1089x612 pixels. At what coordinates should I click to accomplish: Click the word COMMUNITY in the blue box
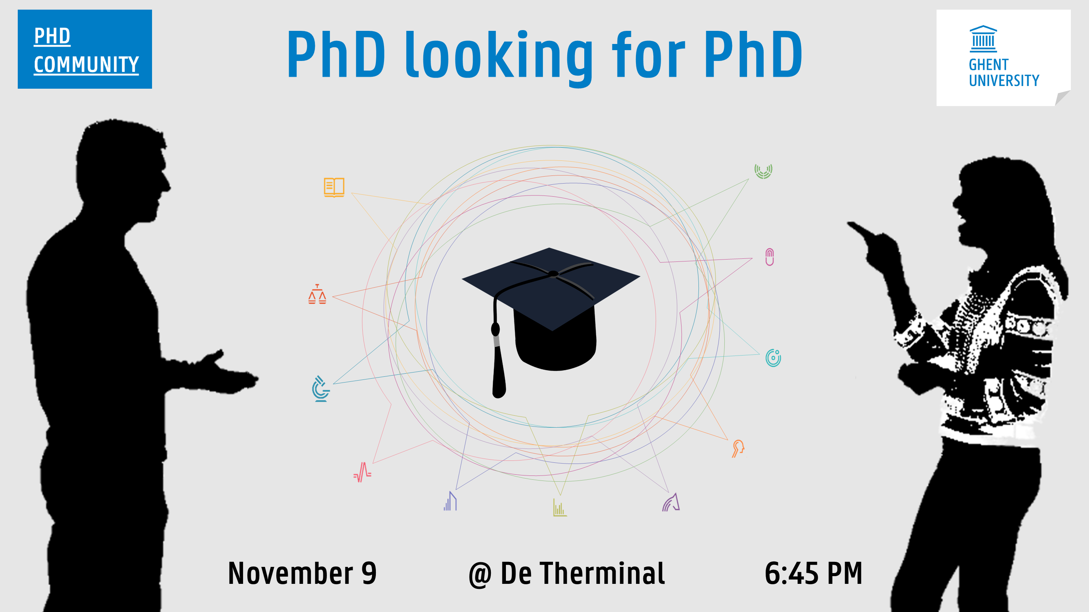pos(86,65)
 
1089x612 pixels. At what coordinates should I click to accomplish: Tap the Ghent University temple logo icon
pos(983,39)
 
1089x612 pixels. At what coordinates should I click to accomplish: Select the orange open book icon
pos(334,187)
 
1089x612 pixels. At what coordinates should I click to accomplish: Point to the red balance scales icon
pos(317,294)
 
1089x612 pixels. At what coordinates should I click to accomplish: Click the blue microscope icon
pos(321,389)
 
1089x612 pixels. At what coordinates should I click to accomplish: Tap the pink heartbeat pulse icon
pos(362,472)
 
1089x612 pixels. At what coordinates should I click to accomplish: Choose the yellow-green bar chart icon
pos(560,507)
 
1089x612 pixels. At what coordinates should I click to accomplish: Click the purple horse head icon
pos(671,502)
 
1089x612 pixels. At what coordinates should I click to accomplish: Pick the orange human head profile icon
pos(738,448)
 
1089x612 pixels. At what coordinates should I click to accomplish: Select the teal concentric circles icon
pos(773,358)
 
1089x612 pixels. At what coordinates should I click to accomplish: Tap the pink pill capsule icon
pos(769,257)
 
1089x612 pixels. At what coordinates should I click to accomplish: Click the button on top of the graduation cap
pos(553,274)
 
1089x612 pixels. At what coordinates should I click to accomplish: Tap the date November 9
pos(302,573)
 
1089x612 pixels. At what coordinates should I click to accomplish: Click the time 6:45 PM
pos(813,573)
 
